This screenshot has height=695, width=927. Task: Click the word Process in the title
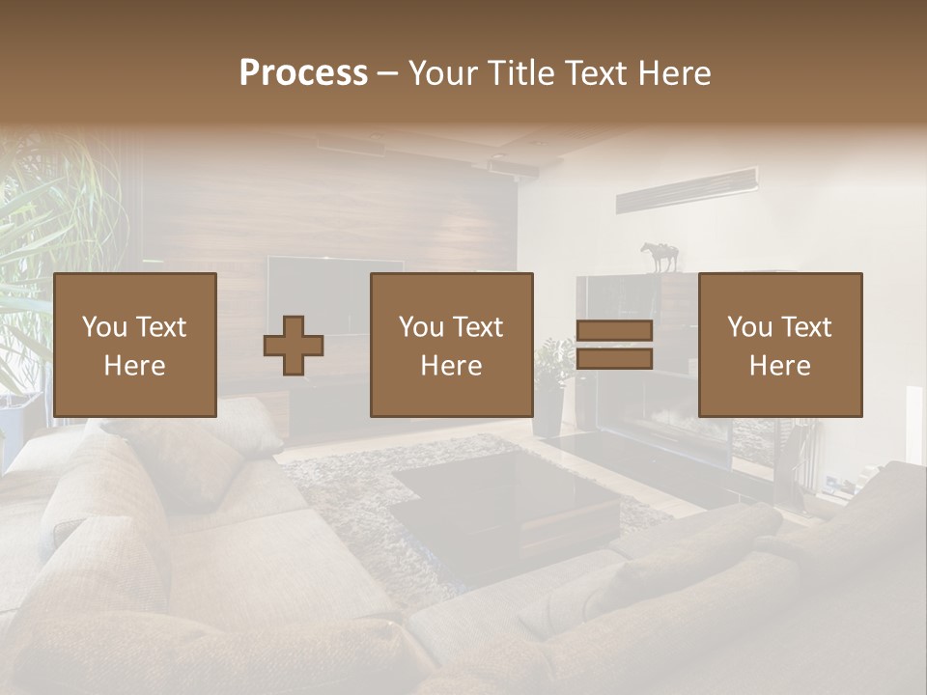303,73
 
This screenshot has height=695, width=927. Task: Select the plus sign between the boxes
294,346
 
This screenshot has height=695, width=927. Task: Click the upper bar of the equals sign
614,330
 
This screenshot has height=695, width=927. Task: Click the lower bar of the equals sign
614,359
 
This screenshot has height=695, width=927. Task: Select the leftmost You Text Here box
135,345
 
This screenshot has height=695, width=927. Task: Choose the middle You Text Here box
451,345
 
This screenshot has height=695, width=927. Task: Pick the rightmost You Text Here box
780,345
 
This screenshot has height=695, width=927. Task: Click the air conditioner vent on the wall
687,189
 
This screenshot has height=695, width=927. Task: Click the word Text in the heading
594,73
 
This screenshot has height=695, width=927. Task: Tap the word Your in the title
442,73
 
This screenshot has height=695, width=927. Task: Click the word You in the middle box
421,327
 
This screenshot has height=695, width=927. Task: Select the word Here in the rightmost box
779,366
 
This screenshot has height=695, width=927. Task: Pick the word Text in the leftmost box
160,327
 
